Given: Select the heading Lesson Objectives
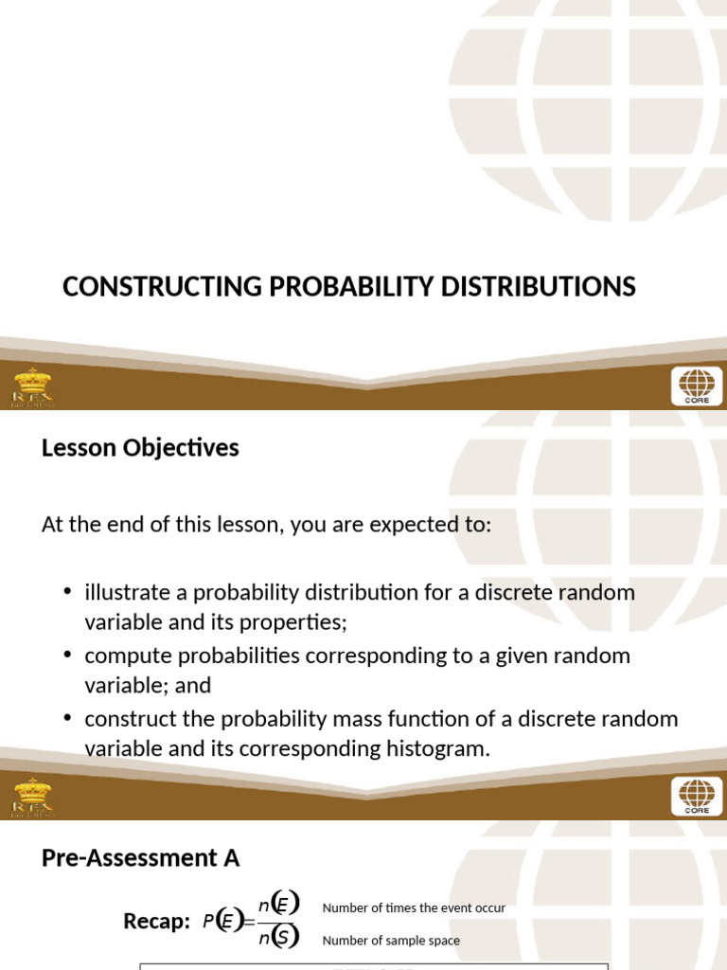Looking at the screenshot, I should click(140, 448).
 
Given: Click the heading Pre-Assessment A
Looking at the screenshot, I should click(140, 858).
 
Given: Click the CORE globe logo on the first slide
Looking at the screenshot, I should click(697, 386).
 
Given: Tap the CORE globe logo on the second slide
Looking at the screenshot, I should click(697, 796).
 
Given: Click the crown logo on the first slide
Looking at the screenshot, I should click(33, 386).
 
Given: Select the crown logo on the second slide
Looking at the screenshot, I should click(33, 796).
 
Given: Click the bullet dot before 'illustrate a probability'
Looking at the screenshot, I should click(67, 592).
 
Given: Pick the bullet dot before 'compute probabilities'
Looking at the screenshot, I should click(67, 656).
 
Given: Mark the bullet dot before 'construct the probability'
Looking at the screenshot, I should click(67, 718).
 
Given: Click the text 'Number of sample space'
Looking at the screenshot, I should click(391, 941).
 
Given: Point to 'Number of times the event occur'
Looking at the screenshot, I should click(414, 907).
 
